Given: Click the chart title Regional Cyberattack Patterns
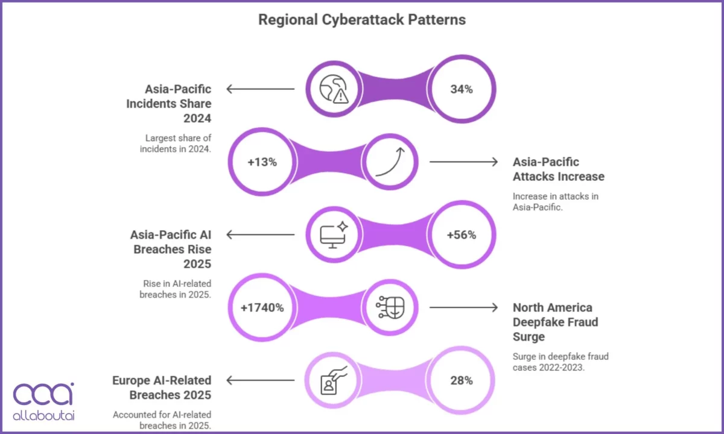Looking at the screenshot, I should coord(362,19).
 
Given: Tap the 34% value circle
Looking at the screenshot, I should coord(462,89).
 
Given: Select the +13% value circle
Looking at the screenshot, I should coord(262,162).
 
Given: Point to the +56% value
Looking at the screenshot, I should coord(462,235).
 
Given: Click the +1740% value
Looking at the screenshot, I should coord(262,308).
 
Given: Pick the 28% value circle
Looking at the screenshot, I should coord(462,381).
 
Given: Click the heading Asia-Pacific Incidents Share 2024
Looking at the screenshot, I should coord(169,104).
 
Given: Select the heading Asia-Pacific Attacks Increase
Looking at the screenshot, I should coord(558,169).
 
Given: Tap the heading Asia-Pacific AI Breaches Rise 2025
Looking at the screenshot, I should coord(171,249).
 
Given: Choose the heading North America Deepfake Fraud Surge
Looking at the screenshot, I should coord(555,322).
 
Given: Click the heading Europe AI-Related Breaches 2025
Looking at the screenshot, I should coord(162,388).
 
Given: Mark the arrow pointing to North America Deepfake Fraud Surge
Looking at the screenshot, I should coord(463,308).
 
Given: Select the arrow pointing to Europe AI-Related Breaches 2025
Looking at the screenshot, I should coord(261,380).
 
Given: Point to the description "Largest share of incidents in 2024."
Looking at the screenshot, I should coord(178,144).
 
